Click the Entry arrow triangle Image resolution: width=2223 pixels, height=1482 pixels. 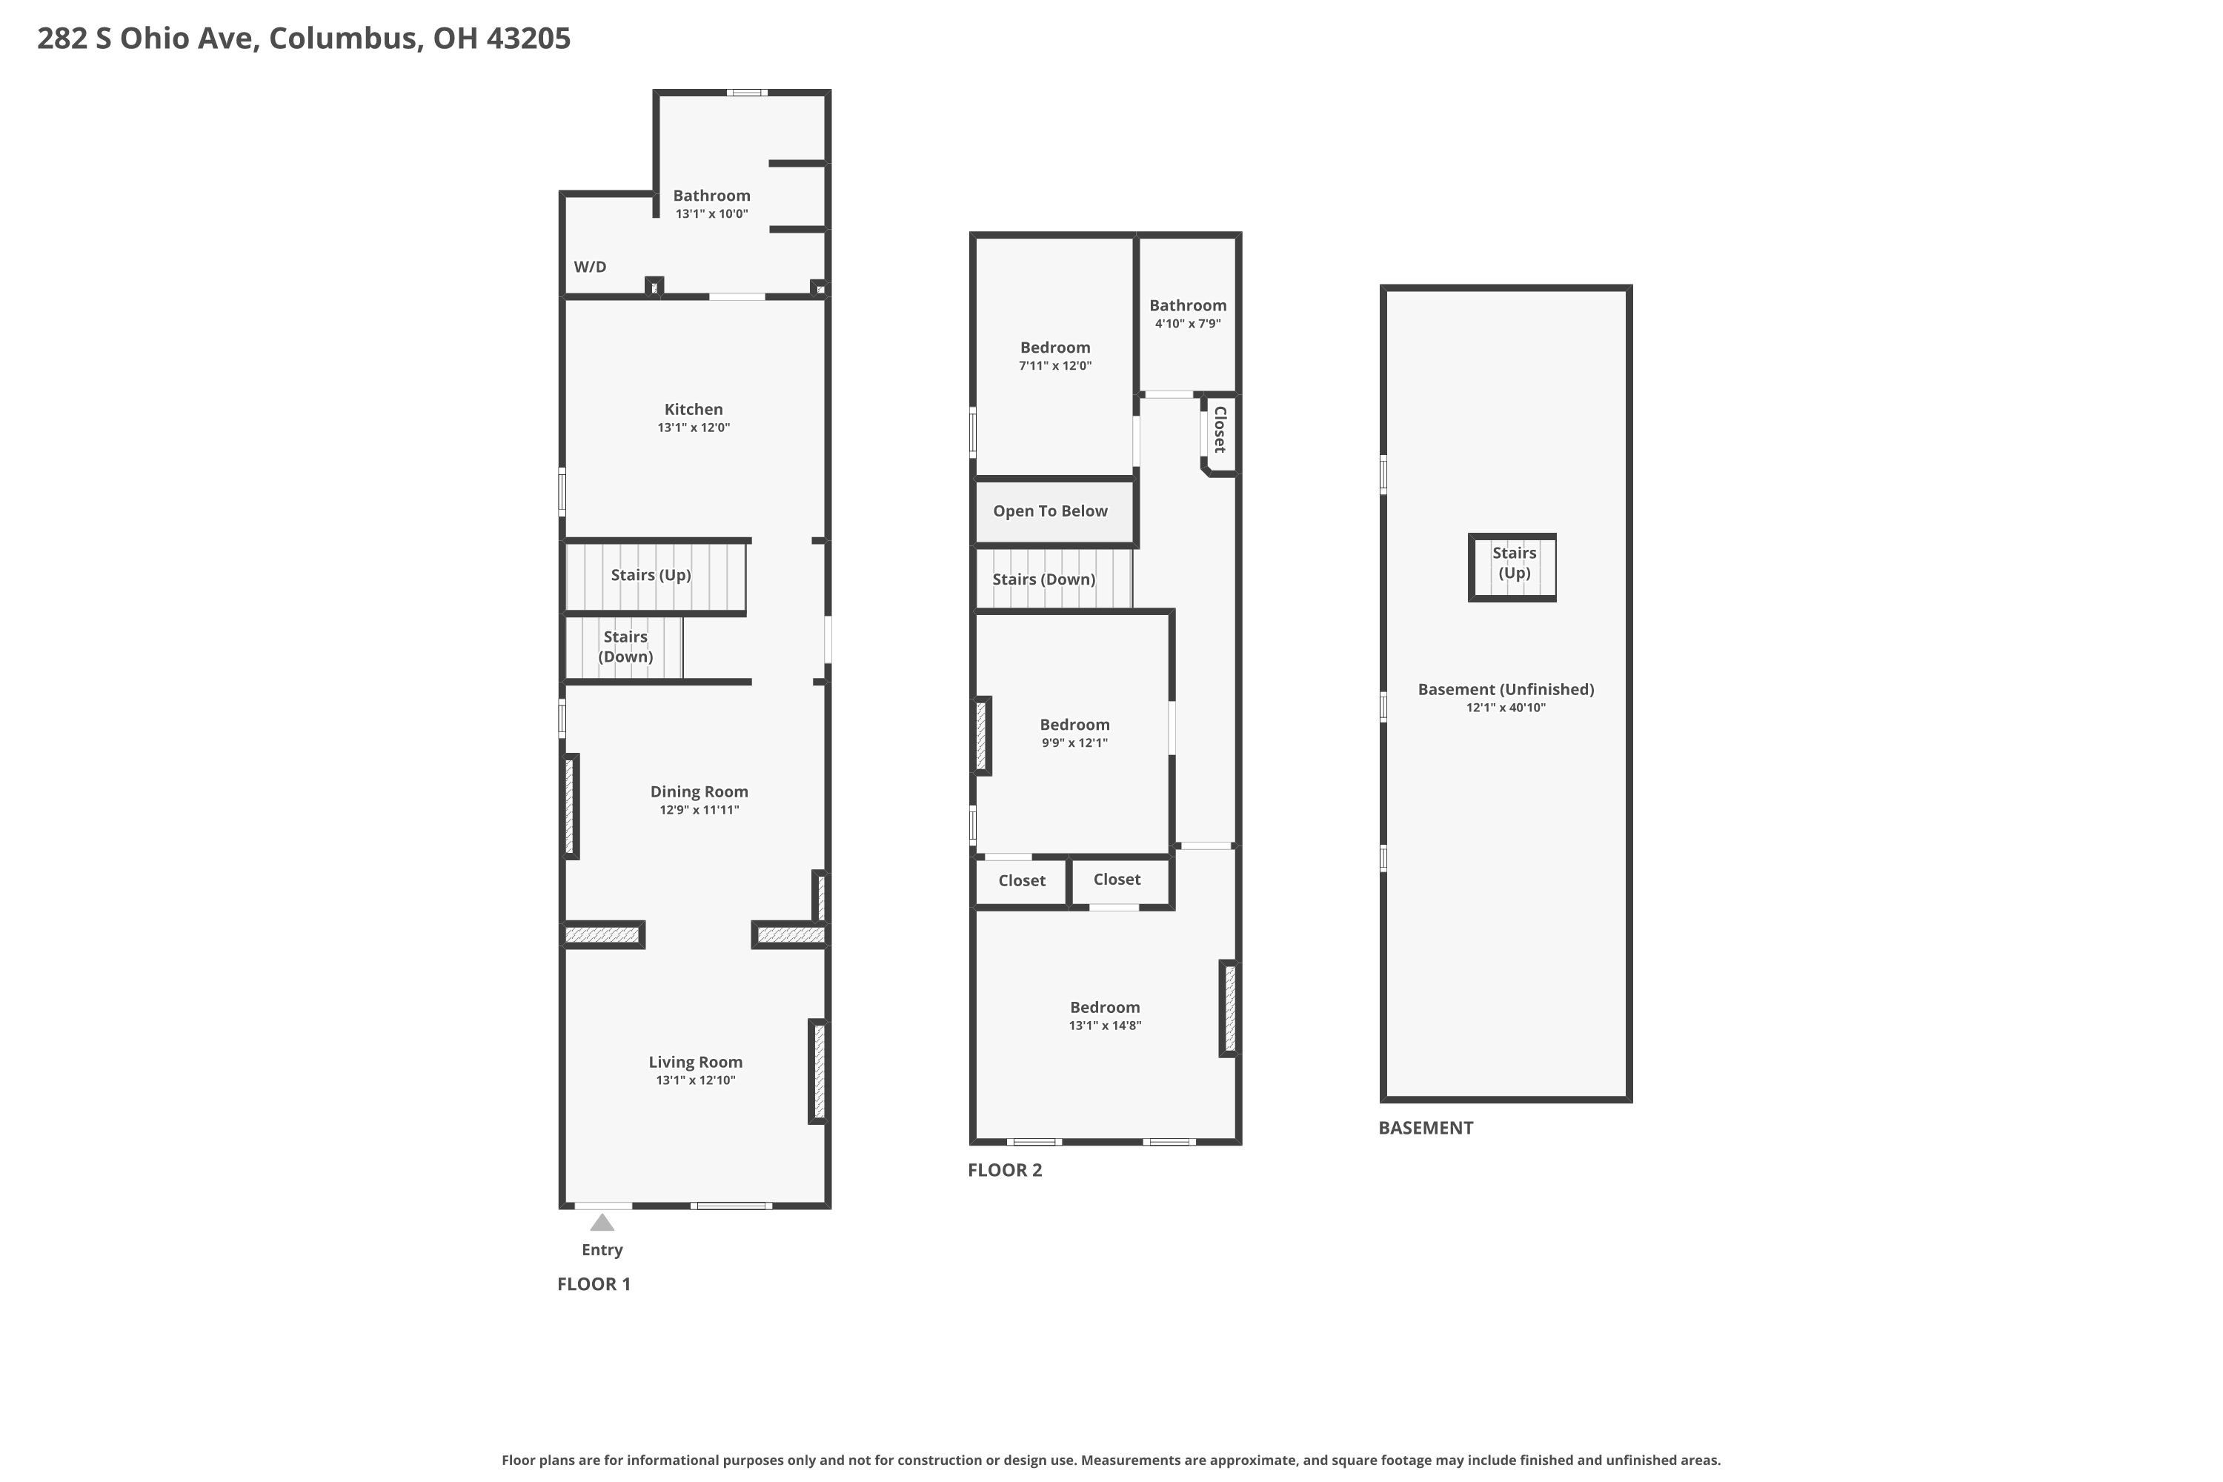[602, 1223]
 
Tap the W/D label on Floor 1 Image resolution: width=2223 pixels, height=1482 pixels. [590, 267]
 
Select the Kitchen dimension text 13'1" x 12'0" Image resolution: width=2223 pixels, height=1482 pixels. [693, 428]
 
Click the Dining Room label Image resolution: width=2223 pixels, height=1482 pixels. [699, 792]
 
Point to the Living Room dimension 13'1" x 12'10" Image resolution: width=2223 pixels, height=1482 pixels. [695, 1080]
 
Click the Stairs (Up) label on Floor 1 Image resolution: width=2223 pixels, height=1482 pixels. [651, 575]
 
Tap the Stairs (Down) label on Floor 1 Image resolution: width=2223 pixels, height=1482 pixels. [625, 646]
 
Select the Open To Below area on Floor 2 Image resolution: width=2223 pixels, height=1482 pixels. [1050, 511]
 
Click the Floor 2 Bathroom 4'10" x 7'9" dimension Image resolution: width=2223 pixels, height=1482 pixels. [1187, 323]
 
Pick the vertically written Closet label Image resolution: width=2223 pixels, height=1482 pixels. [1219, 429]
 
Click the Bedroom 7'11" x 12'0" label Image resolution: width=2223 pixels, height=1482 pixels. [1054, 348]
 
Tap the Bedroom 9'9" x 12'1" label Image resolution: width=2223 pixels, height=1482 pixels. [1074, 725]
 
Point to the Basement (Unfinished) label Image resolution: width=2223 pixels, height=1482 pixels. [1505, 690]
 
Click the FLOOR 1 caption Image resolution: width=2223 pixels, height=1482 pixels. [594, 1283]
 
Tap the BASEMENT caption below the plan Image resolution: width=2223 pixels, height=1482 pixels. [1425, 1128]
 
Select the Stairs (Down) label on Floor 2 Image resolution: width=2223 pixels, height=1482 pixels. [1043, 579]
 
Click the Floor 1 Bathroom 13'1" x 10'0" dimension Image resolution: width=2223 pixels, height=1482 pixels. [711, 213]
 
